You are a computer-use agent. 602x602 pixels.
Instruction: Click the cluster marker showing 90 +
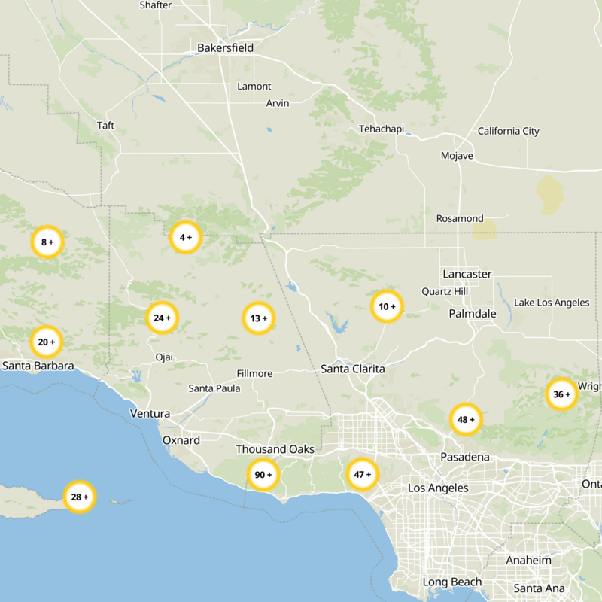pyautogui.click(x=263, y=475)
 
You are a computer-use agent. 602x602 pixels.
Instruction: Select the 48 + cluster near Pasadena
pyautogui.click(x=466, y=419)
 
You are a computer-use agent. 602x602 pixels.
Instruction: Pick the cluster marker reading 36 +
pyautogui.click(x=561, y=394)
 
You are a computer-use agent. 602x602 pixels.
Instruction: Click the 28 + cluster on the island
pyautogui.click(x=79, y=497)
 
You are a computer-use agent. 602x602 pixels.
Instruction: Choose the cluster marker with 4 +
pyautogui.click(x=185, y=237)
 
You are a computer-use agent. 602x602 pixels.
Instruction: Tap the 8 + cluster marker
pyautogui.click(x=47, y=242)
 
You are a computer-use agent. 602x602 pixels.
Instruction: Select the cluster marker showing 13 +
pyautogui.click(x=258, y=318)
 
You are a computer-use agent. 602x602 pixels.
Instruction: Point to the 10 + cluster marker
pyautogui.click(x=387, y=306)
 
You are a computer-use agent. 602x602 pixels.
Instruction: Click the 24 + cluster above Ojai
pyautogui.click(x=162, y=318)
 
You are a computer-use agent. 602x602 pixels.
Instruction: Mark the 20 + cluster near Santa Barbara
pyautogui.click(x=46, y=342)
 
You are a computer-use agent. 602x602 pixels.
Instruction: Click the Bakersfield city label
pyautogui.click(x=225, y=48)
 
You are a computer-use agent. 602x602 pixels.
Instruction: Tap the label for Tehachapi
pyautogui.click(x=382, y=129)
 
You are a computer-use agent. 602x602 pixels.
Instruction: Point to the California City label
pyautogui.click(x=508, y=131)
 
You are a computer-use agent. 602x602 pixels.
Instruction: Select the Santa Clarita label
pyautogui.click(x=352, y=369)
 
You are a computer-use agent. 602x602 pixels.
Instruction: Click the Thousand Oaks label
pyautogui.click(x=275, y=449)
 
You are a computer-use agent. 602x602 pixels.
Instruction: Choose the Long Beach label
pyautogui.click(x=451, y=582)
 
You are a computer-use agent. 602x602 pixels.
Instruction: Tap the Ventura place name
pyautogui.click(x=150, y=414)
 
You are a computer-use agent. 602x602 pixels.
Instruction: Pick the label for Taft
pyautogui.click(x=106, y=125)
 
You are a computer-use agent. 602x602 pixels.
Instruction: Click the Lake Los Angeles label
pyautogui.click(x=552, y=303)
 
